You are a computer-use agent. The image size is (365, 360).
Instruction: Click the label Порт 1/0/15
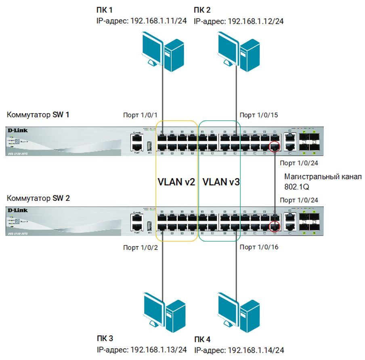click(259, 115)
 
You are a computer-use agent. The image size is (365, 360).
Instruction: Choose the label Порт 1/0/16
click(259, 247)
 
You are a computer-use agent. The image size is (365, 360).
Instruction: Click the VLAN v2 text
click(176, 182)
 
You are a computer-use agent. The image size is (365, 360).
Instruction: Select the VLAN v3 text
click(221, 182)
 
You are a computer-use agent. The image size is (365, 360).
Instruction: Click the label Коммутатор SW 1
click(38, 115)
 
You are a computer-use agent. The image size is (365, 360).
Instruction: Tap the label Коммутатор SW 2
click(38, 199)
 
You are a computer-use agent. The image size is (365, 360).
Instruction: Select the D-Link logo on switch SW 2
click(17, 210)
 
